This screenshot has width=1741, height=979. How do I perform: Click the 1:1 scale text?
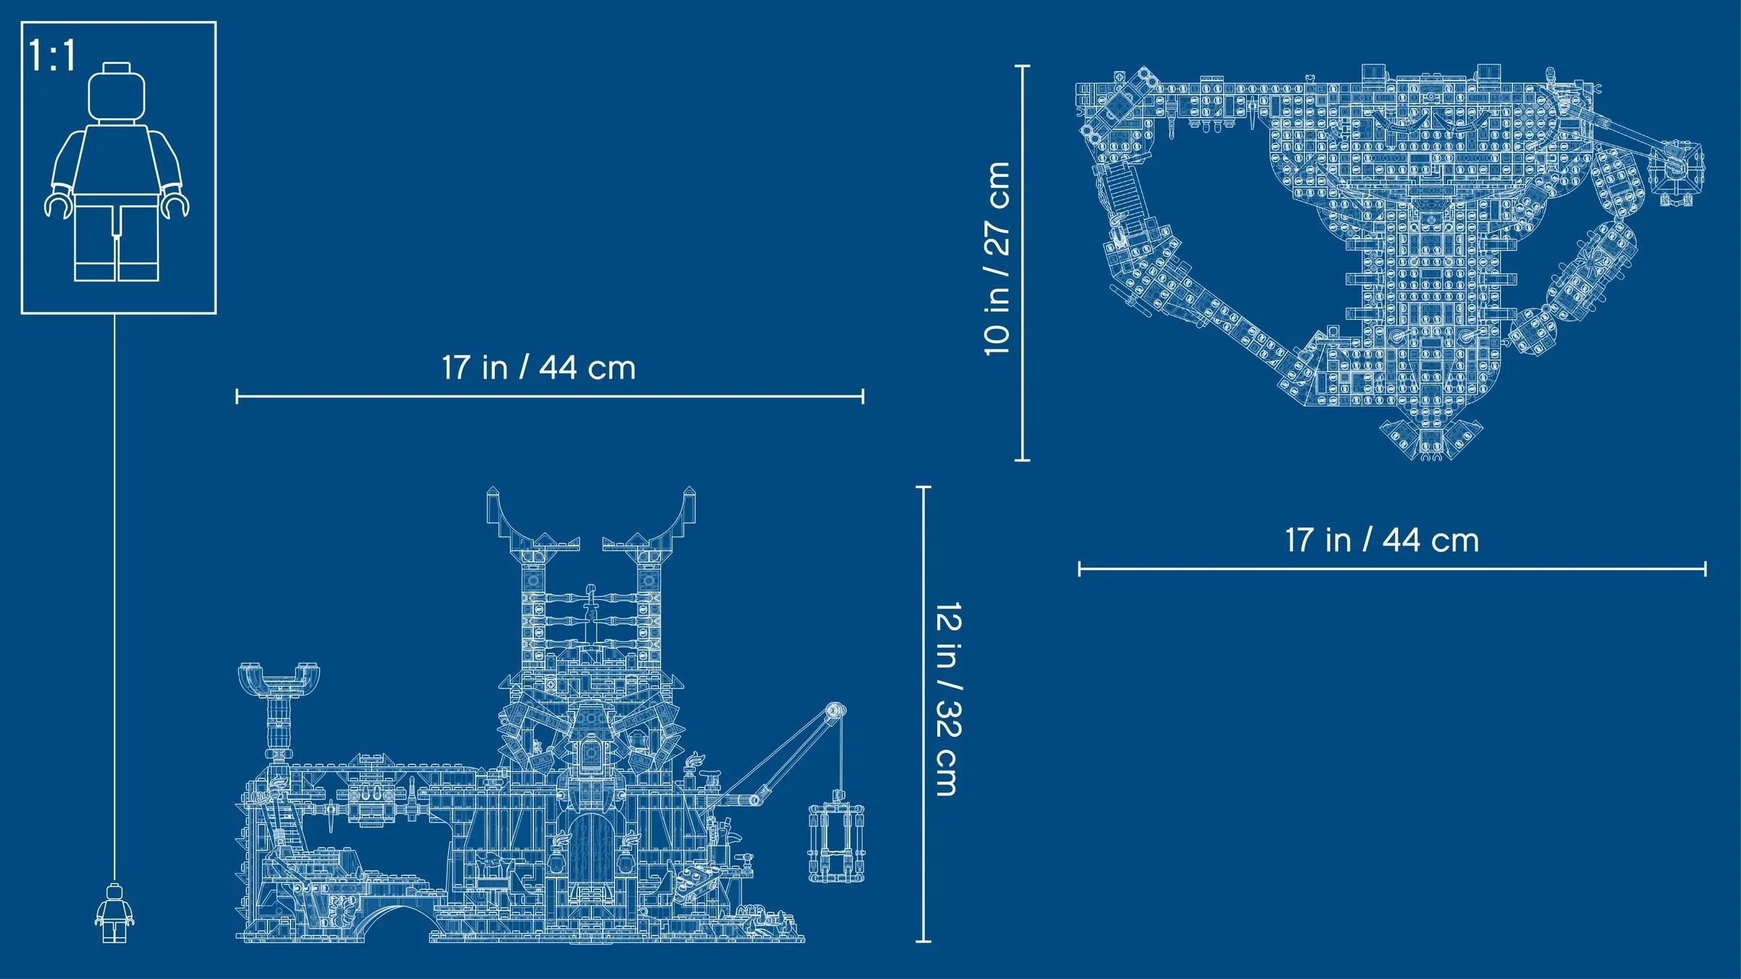52,56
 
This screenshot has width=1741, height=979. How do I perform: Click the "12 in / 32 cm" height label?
948,699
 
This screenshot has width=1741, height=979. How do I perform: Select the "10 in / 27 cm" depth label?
997,259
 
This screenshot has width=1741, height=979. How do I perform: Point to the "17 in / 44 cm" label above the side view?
538,368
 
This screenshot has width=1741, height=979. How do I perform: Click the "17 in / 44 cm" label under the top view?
1381,540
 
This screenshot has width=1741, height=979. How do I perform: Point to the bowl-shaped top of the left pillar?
279,679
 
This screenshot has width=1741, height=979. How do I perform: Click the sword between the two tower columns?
591,609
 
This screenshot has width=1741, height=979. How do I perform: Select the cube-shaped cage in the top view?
1676,174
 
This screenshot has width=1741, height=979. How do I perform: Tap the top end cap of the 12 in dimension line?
923,487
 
